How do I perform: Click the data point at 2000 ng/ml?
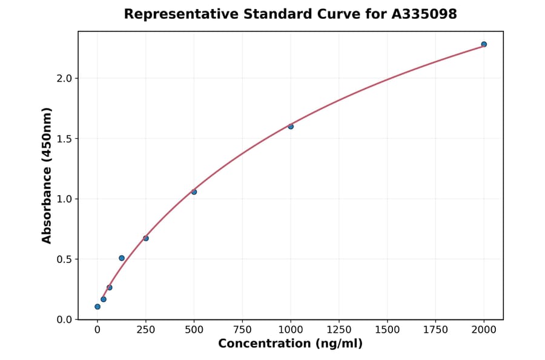pyautogui.click(x=484, y=44)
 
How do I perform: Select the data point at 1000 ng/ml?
pyautogui.click(x=291, y=126)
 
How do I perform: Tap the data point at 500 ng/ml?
pyautogui.click(x=194, y=192)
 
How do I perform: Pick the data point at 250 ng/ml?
pyautogui.click(x=146, y=238)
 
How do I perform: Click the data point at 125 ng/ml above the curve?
pyautogui.click(x=122, y=258)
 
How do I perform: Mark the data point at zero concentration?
pyautogui.click(x=97, y=307)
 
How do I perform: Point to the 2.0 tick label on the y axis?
pyautogui.click(x=64, y=78)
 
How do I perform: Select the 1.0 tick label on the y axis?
pyautogui.click(x=64, y=199)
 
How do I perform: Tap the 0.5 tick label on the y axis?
pyautogui.click(x=64, y=259)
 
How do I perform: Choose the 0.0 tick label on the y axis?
pyautogui.click(x=64, y=319)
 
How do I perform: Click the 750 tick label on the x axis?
pyautogui.click(x=242, y=330)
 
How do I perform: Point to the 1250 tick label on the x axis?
pyautogui.click(x=339, y=330)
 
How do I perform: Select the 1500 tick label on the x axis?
pyautogui.click(x=388, y=330)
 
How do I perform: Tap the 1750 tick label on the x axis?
pyautogui.click(x=435, y=330)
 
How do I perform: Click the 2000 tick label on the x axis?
pyautogui.click(x=484, y=330)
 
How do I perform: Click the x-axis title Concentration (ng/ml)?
pyautogui.click(x=291, y=344)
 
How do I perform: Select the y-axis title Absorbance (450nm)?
pyautogui.click(x=47, y=175)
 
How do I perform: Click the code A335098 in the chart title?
pyautogui.click(x=424, y=14)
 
